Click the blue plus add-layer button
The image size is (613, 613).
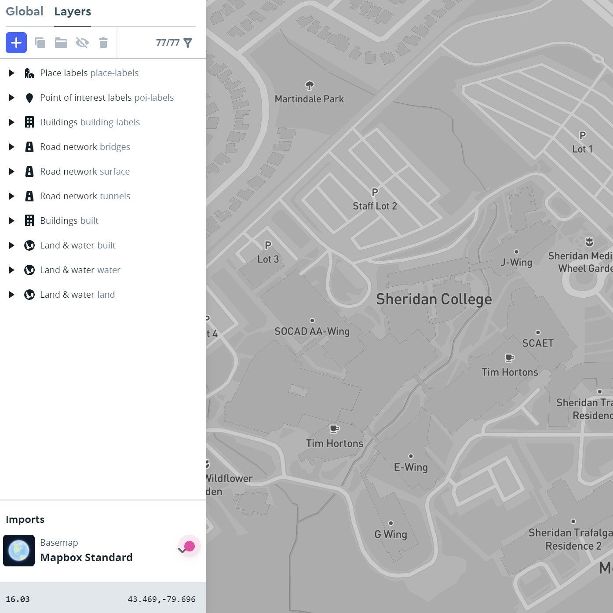16,43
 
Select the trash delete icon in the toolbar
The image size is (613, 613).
103,43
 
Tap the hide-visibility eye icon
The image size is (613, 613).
82,43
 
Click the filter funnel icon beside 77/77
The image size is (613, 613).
188,43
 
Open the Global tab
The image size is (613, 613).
25,11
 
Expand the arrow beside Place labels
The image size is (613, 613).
12,73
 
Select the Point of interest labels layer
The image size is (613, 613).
107,98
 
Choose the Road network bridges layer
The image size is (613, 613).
85,147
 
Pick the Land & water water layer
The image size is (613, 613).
80,270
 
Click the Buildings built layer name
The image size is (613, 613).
69,221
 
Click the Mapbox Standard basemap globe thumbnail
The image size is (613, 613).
19,551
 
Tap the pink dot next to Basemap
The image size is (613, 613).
190,546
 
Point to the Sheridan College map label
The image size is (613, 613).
434,299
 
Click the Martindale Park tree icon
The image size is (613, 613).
310,85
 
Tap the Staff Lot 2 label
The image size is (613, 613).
375,206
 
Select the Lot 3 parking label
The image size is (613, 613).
268,259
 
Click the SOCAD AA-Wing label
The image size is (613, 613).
312,332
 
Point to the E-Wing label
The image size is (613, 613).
411,467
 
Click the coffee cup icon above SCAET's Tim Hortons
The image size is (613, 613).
510,358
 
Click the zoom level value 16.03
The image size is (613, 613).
18,599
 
